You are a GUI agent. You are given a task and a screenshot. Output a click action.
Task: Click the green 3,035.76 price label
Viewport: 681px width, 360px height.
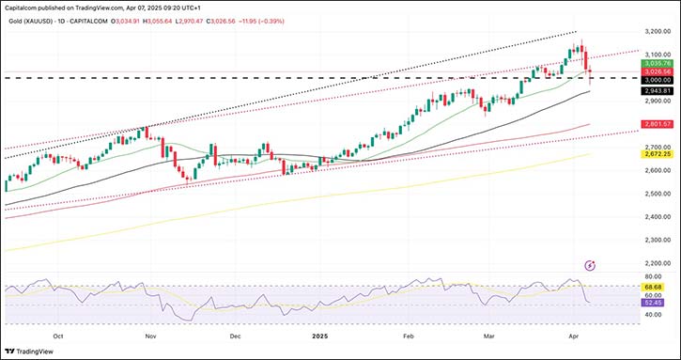tap(655, 63)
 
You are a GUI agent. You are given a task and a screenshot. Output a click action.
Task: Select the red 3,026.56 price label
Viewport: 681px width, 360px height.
tap(655, 71)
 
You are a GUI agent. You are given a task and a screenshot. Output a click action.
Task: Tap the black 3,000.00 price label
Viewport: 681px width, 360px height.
tap(655, 81)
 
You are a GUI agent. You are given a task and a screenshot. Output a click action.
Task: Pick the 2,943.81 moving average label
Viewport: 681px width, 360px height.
tap(655, 90)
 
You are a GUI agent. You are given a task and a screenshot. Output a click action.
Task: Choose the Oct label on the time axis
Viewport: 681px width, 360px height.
tap(59, 335)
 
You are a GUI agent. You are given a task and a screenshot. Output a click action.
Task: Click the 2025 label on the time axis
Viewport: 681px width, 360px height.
tap(320, 335)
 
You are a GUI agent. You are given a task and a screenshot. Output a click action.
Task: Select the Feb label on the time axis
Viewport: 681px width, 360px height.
tap(409, 335)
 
